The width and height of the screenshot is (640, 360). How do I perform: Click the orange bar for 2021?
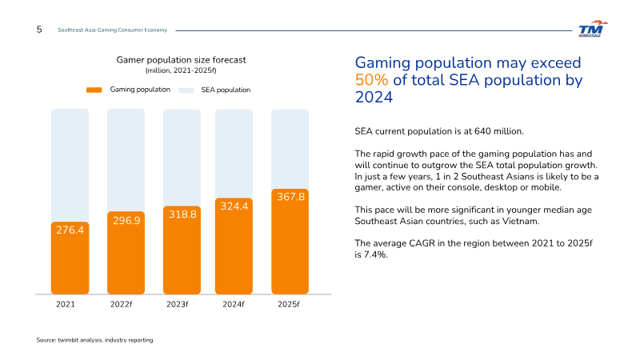(x=70, y=258)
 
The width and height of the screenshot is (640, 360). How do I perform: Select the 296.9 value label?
(x=126, y=221)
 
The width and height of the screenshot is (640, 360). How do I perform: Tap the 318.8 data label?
(x=182, y=214)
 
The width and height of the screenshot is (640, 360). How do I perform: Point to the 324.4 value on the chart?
(x=234, y=206)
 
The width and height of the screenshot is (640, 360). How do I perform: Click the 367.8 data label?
(x=290, y=197)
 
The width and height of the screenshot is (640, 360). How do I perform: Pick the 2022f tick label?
(x=122, y=305)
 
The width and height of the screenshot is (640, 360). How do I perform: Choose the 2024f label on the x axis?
(x=234, y=305)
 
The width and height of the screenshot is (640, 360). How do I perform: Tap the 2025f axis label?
(x=289, y=305)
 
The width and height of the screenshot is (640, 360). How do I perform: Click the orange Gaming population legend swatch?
(x=94, y=90)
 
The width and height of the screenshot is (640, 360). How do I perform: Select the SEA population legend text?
(x=226, y=90)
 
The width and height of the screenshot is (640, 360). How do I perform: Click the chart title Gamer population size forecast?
(x=182, y=60)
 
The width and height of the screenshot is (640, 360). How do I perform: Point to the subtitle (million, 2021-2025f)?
(x=181, y=70)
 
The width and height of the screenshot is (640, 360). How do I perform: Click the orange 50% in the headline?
(x=371, y=80)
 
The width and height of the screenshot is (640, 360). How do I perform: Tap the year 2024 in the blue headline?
(x=374, y=97)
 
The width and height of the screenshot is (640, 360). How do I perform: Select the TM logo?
(x=593, y=29)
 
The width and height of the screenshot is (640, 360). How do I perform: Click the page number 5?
(x=39, y=30)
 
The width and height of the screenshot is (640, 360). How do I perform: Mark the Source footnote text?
(x=94, y=340)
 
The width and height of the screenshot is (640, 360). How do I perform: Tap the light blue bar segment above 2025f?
(x=290, y=149)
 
